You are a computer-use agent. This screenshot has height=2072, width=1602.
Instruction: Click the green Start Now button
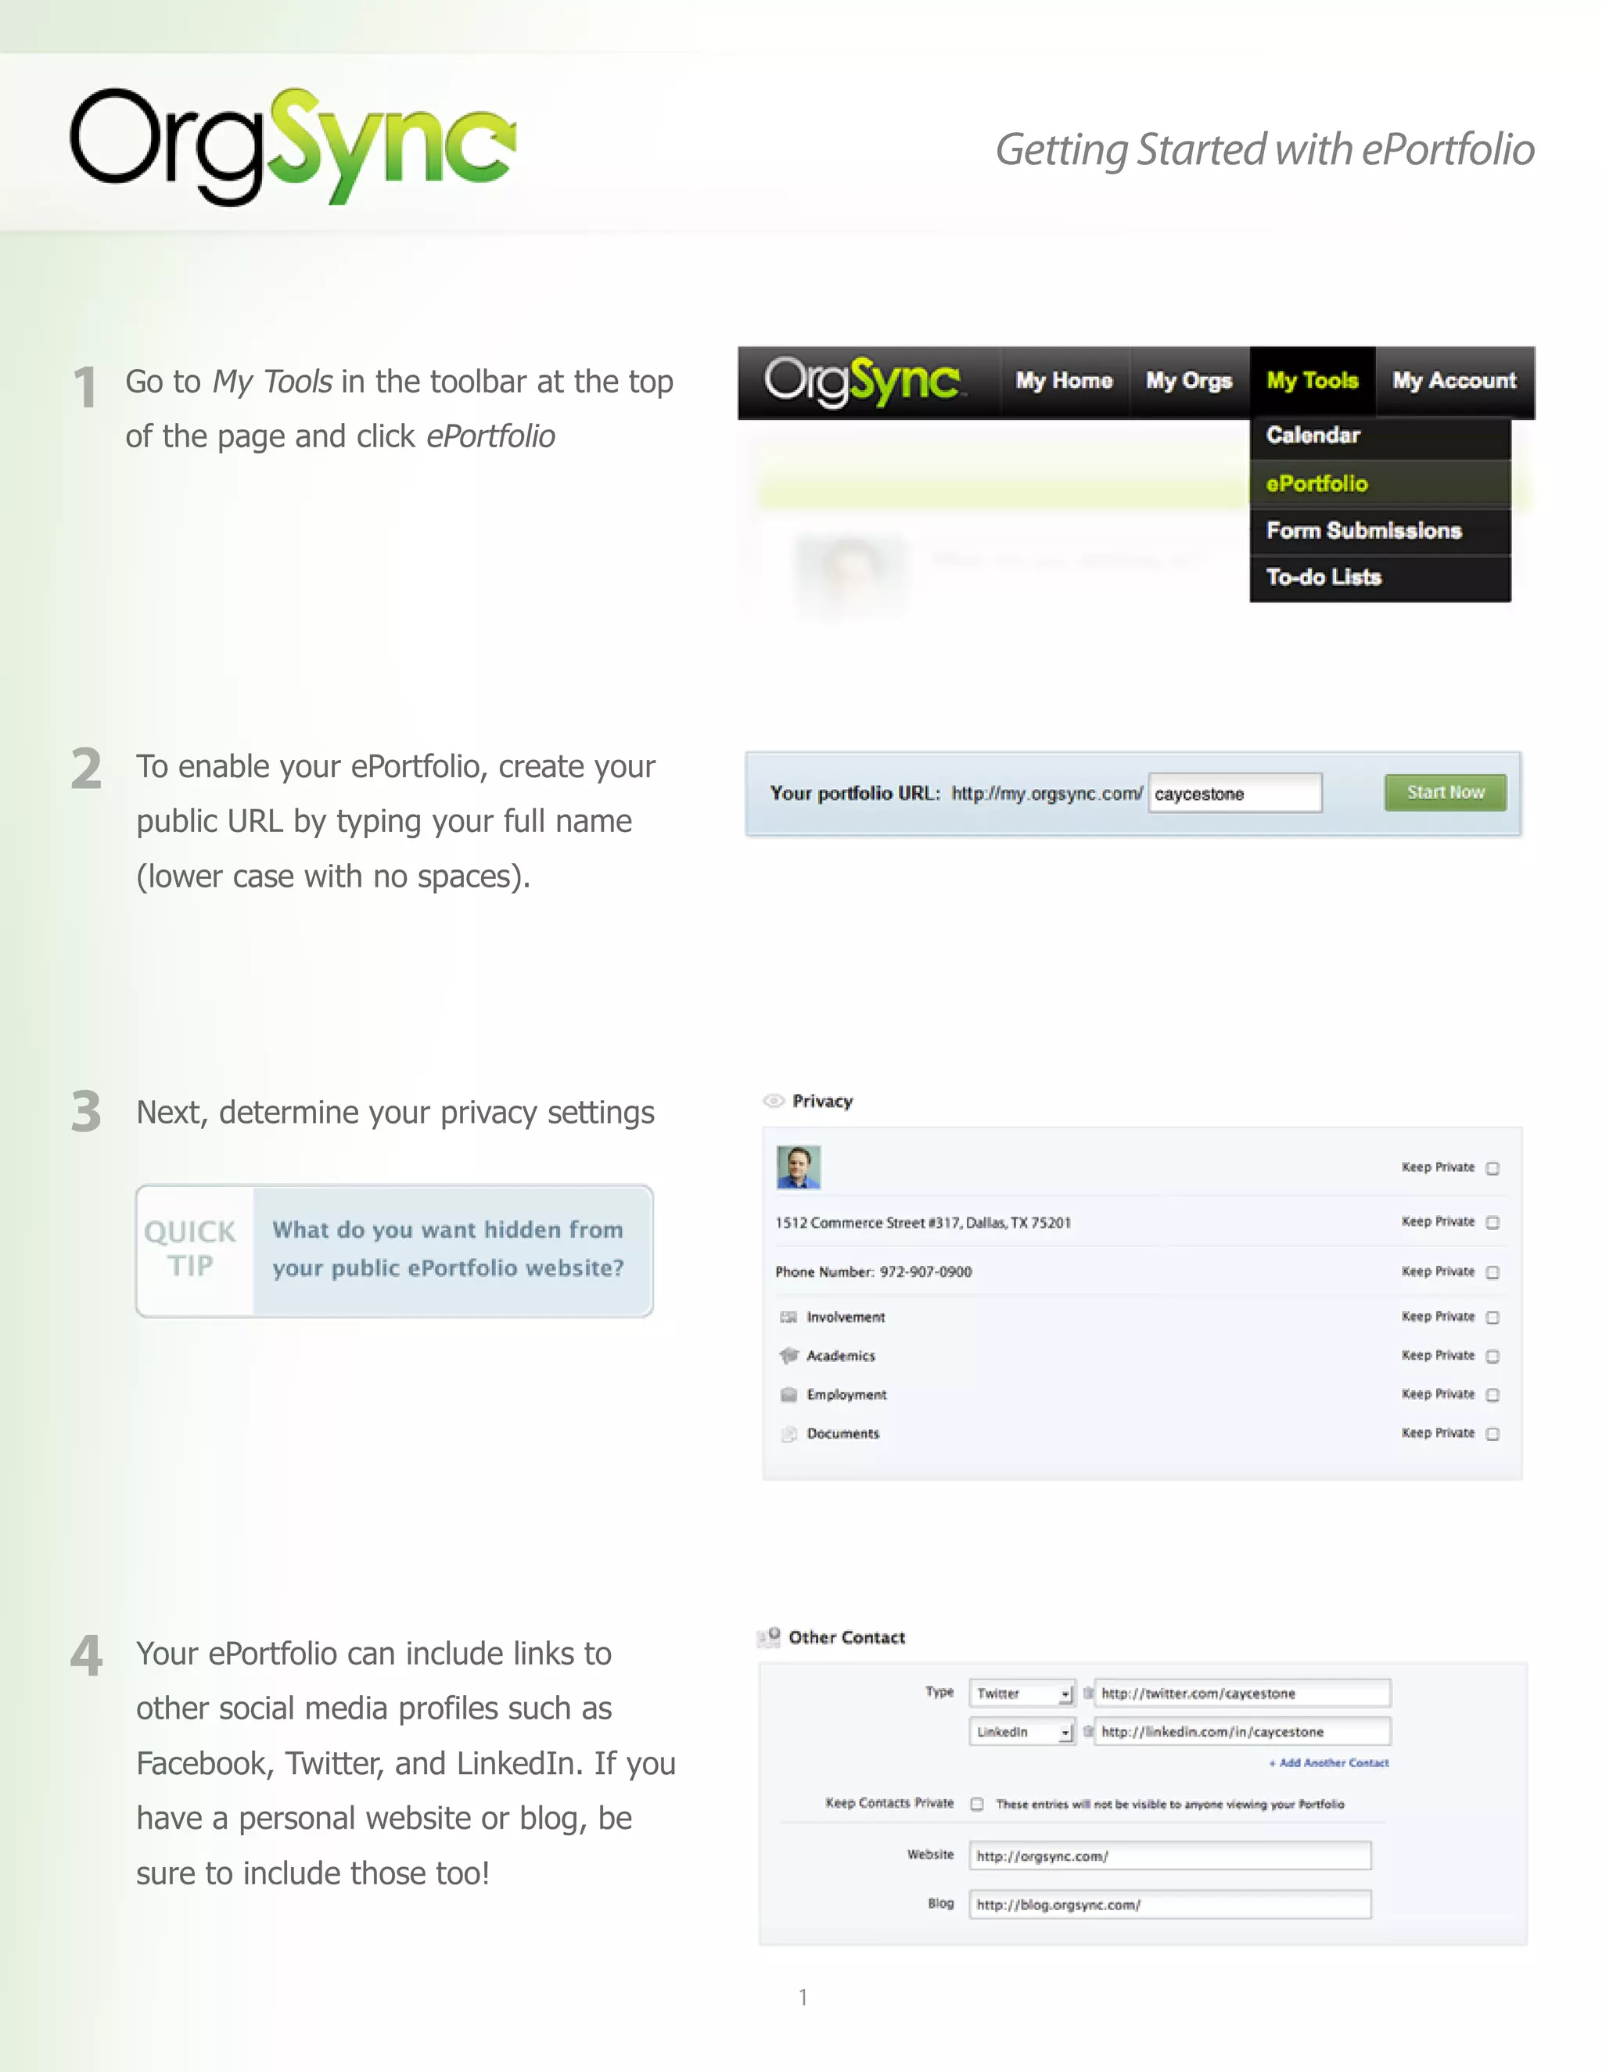pos(1445,792)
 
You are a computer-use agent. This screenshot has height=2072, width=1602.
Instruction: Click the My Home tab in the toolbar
pos(1064,382)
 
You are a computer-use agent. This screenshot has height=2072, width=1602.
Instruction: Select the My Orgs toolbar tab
pos(1188,382)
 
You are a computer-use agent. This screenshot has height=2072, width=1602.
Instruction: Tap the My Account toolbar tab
pos(1454,382)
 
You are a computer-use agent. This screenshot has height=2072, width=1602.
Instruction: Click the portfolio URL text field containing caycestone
pos(1234,793)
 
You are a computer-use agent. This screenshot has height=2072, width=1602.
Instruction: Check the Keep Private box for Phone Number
pos(1492,1272)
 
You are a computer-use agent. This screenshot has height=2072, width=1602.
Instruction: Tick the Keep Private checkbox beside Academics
pos(1492,1357)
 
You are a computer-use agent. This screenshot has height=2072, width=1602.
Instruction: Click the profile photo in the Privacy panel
pos(798,1167)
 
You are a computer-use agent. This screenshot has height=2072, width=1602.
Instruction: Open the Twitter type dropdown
pos(1021,1694)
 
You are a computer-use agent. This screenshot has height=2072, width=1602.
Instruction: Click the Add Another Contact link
pos(1329,1762)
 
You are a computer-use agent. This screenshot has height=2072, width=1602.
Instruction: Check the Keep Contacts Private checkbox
pos(976,1804)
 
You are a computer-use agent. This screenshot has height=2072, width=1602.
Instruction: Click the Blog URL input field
pos(1169,1904)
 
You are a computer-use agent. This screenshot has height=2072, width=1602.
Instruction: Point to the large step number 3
pos(86,1112)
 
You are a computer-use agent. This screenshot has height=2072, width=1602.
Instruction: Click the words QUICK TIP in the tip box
pos(191,1249)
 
